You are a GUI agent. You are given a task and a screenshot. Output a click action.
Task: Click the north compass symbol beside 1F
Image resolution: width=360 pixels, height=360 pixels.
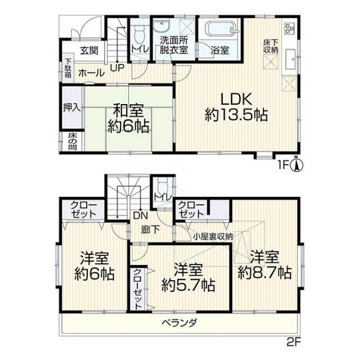coord(296,164)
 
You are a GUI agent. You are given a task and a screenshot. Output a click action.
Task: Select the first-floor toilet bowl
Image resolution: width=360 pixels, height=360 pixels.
coord(138,34)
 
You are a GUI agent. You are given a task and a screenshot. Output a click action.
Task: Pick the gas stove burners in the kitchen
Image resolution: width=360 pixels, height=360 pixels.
coord(290,29)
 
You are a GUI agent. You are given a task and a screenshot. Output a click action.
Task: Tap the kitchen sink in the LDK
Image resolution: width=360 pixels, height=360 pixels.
coord(291,59)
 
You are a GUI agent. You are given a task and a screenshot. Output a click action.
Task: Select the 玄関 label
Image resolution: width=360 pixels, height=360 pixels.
coord(89,51)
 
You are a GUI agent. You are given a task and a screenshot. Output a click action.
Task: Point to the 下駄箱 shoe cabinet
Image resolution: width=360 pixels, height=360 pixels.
coord(68,67)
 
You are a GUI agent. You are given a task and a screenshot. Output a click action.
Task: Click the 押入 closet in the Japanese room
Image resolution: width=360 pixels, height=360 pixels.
coord(71,107)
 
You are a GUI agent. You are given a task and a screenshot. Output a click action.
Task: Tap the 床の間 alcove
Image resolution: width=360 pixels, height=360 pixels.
coord(72,141)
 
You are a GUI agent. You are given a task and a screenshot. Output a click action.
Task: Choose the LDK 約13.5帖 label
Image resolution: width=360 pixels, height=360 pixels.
coord(236,107)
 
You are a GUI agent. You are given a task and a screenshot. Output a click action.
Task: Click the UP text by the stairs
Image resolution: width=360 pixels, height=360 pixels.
coord(117,67)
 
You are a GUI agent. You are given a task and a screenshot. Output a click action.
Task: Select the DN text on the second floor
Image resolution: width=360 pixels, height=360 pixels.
coord(141,215)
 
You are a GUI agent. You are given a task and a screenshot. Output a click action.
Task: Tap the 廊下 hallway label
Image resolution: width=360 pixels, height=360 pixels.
coord(151,229)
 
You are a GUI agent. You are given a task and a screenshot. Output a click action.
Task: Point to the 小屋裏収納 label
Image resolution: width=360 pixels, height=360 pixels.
coord(213,236)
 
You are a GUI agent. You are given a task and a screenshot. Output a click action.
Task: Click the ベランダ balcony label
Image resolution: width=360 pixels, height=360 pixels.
coord(179,323)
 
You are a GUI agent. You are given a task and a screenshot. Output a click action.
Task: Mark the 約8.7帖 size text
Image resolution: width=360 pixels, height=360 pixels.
coord(265,273)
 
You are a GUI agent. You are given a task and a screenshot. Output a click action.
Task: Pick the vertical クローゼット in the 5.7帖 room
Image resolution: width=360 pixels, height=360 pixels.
coord(137,289)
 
